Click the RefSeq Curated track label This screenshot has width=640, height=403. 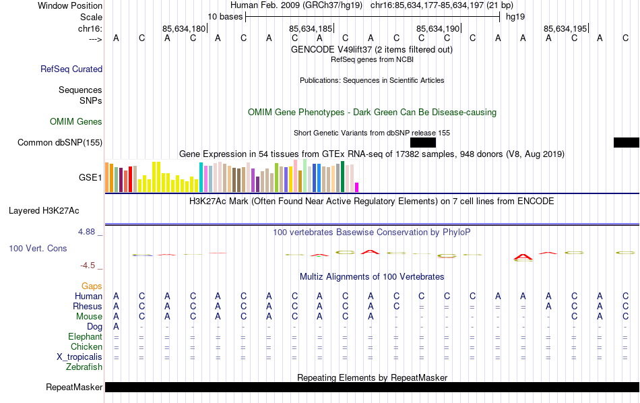click(x=71, y=69)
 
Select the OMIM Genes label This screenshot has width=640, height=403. click(x=76, y=121)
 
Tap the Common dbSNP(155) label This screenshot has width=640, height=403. click(x=60, y=142)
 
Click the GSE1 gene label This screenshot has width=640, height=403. click(x=90, y=178)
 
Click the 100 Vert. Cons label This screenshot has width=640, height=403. click(x=38, y=248)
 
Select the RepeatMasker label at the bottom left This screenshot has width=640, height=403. click(x=74, y=387)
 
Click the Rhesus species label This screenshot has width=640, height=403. click(x=88, y=306)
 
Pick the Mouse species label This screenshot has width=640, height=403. click(x=89, y=316)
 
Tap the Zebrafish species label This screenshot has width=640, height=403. click(x=84, y=367)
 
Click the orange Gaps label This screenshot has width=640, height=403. click(x=92, y=286)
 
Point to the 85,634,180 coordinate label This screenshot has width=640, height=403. click(x=183, y=28)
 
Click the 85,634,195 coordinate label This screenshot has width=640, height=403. click(x=565, y=28)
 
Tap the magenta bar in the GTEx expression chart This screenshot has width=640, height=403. click(x=357, y=187)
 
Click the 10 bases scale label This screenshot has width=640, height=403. click(x=224, y=16)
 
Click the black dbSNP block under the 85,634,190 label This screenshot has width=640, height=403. click(x=423, y=142)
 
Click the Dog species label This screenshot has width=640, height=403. click(x=94, y=326)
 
